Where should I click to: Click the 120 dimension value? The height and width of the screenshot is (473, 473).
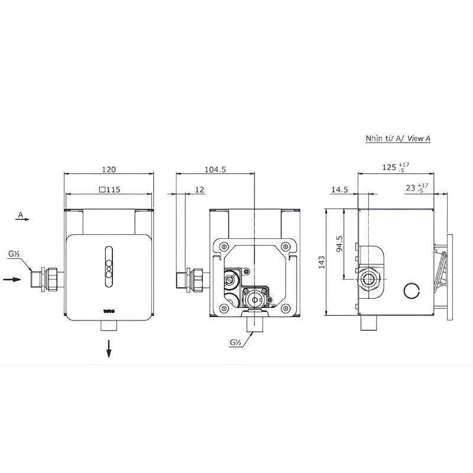click(108, 169)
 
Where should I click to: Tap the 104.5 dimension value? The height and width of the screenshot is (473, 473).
click(215, 169)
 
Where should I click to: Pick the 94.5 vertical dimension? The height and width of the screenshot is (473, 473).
click(339, 244)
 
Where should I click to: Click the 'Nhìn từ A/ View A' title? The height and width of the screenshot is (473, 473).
click(398, 138)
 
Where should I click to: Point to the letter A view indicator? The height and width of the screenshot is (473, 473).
click(21, 215)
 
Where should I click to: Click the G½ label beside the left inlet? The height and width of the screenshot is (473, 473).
click(13, 255)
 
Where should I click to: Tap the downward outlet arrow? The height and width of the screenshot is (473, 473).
click(109, 351)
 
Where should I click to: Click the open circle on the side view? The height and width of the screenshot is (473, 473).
click(412, 290)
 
